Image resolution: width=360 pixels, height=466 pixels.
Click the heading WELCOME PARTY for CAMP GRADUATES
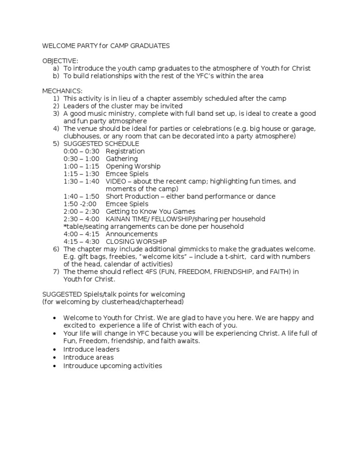[106, 46]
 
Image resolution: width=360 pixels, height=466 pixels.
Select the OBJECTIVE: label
[60, 61]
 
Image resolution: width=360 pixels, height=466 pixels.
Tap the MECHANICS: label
[62, 91]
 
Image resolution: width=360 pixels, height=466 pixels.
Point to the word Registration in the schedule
[125, 151]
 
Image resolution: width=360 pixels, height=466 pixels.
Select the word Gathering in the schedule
[122, 159]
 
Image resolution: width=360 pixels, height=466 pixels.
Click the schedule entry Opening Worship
[133, 166]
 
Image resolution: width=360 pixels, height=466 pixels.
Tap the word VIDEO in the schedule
[116, 181]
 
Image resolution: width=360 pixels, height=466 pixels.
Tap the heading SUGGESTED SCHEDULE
[101, 144]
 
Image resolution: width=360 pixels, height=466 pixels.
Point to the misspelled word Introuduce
[81, 366]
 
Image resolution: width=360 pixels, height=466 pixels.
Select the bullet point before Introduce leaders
[56, 350]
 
